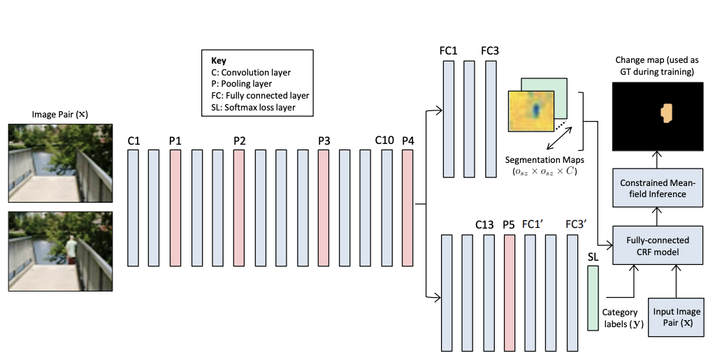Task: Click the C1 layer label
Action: click(133, 141)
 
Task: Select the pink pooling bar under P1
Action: click(175, 208)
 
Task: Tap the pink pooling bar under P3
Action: click(324, 208)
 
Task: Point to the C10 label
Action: click(384, 141)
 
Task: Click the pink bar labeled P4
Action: click(408, 208)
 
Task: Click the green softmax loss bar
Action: click(593, 299)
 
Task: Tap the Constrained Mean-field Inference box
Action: click(656, 187)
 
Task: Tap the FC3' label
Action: click(576, 224)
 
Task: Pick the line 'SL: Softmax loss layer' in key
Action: click(256, 108)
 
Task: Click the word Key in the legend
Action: click(218, 61)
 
